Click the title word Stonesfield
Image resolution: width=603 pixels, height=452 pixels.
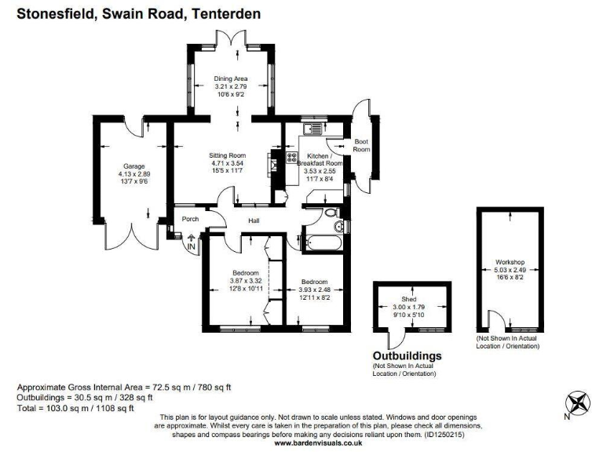tap(52, 14)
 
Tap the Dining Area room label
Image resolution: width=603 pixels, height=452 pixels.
tap(232, 78)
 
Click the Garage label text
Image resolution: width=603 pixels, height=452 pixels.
tap(132, 166)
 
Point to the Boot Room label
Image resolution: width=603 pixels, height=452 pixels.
tap(361, 145)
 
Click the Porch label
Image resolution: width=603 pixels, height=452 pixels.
tap(190, 219)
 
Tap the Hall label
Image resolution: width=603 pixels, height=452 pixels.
tap(254, 221)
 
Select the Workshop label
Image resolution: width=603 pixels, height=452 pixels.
tap(510, 261)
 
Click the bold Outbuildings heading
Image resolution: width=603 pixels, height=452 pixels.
tap(407, 355)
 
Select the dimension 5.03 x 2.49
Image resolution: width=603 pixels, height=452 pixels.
tap(510, 269)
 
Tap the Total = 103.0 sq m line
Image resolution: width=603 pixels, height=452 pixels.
tap(75, 408)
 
